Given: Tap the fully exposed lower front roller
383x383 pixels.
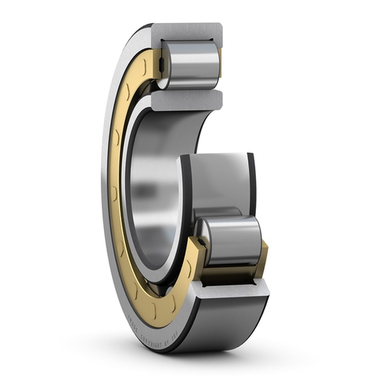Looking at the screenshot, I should [230, 241].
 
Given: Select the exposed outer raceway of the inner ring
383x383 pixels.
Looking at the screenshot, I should [215, 184].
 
